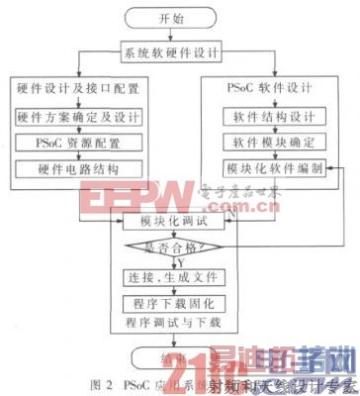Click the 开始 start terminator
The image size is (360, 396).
[179, 17]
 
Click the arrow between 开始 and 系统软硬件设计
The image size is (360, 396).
[179, 36]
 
